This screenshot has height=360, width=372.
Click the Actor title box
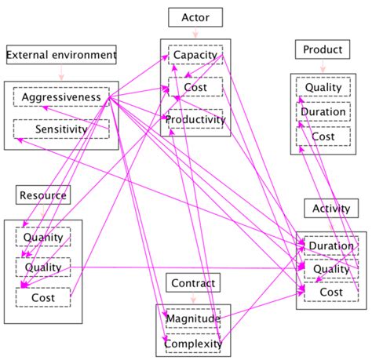point(195,17)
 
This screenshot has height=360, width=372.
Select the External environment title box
point(61,55)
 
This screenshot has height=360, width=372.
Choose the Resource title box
point(42,195)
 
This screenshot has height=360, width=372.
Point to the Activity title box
point(330,209)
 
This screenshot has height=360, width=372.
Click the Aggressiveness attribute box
point(61,97)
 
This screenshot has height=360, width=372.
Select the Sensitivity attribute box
point(61,129)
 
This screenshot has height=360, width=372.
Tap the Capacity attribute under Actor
point(195,56)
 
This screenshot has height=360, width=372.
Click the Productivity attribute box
point(195,120)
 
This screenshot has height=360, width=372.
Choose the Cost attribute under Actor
point(195,88)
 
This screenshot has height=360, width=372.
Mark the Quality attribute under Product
point(323,89)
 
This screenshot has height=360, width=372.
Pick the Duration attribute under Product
point(323,112)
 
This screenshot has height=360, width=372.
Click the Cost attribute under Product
point(323,136)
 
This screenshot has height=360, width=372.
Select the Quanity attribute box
point(43,238)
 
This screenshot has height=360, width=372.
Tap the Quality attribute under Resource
point(43,267)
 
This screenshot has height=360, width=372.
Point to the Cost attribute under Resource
point(43,297)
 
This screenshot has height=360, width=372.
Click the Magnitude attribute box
point(193,318)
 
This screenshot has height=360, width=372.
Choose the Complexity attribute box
point(193,343)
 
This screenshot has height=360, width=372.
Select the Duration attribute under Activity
point(330,245)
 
